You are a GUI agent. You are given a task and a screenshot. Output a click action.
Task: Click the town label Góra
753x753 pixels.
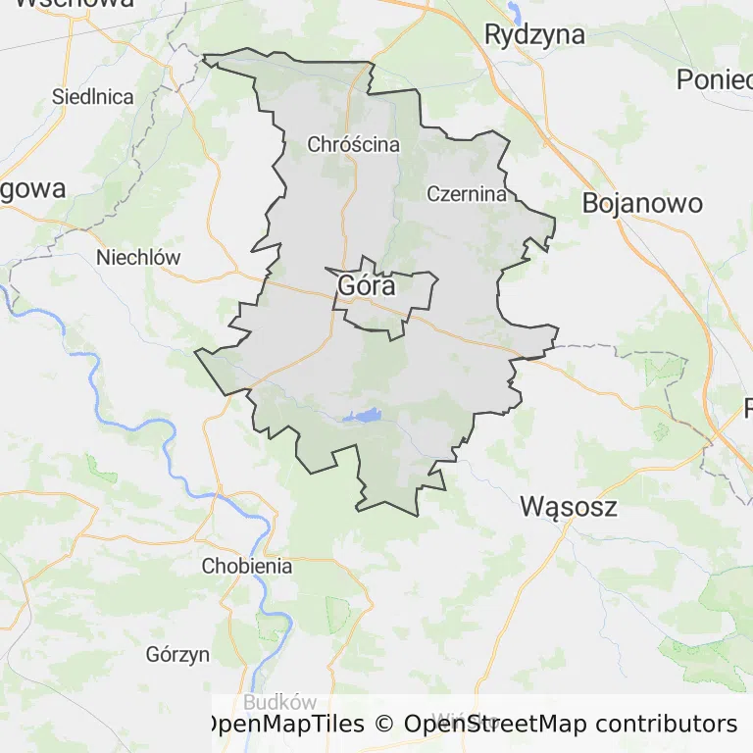click(366, 286)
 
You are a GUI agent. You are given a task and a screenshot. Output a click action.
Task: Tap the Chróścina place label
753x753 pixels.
click(353, 144)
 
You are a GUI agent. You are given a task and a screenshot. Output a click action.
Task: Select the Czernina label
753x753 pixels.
click(467, 194)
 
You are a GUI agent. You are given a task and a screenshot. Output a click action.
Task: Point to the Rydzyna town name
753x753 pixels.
click(534, 35)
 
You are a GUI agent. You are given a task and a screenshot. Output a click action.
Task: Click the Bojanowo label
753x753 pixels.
click(642, 203)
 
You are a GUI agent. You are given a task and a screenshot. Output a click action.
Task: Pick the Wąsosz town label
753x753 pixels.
click(569, 507)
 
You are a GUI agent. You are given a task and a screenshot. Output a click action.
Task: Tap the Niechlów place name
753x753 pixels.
click(138, 258)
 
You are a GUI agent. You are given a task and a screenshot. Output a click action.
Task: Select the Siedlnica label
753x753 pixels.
click(92, 97)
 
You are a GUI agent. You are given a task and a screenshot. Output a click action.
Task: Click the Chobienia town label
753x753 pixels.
click(247, 566)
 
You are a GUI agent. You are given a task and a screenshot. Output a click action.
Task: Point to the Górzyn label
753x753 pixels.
click(176, 655)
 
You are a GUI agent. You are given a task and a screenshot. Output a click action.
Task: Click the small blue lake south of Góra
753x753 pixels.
click(366, 417)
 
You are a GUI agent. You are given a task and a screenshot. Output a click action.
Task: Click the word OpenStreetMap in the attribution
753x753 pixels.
click(496, 725)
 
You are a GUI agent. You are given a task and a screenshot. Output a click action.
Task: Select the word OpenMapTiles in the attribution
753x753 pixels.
click(283, 725)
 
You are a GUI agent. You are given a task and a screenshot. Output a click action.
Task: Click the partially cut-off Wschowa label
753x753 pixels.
click(74, 4)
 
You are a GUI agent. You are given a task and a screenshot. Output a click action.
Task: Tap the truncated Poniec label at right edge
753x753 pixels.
click(714, 80)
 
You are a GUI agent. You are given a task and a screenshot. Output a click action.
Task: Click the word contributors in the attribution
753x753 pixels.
click(666, 725)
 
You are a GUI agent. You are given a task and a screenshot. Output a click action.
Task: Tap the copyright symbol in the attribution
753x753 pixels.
click(383, 725)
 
